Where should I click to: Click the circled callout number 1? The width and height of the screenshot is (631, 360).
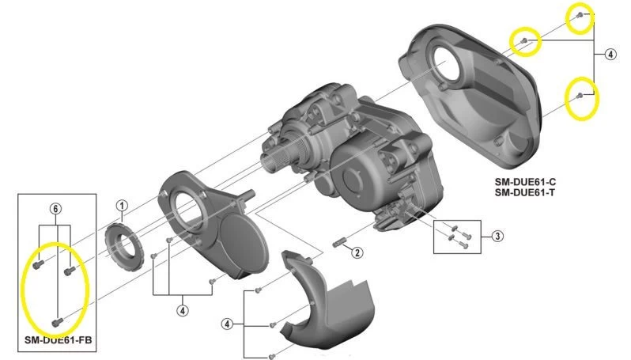122,206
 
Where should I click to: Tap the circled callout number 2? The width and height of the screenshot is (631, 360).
357,252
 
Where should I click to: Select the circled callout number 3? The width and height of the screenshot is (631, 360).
497,236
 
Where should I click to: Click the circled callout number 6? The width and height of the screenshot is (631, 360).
55,209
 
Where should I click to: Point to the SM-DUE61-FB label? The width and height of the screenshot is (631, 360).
59,340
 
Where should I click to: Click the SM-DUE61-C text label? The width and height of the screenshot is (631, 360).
525,182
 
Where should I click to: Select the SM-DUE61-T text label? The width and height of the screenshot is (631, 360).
525,192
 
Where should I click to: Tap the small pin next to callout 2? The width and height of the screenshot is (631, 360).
340,243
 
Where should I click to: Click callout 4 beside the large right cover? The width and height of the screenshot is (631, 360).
610,54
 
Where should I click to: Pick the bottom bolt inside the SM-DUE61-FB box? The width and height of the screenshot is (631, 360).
58,322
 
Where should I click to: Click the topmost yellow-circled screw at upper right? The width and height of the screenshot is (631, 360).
580,15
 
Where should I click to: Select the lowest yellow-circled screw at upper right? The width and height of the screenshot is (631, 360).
580,96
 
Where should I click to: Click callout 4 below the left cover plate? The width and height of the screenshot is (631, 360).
183,310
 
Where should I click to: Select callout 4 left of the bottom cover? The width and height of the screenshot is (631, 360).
227,324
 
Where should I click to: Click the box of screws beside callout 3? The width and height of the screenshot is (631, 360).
457,237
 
